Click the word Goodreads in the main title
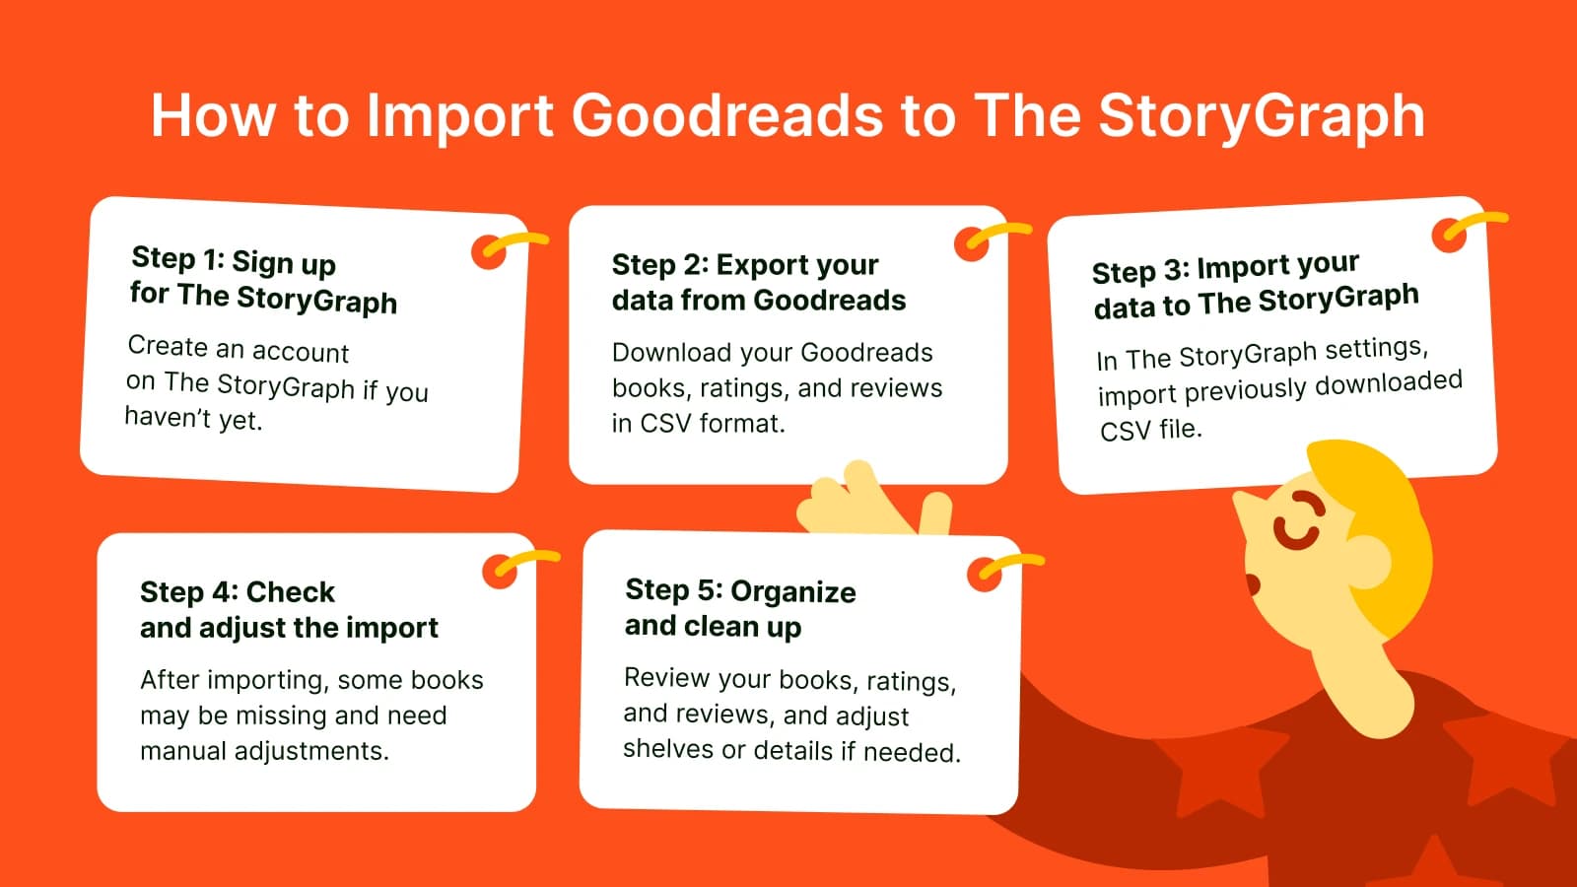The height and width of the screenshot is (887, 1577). pyautogui.click(x=727, y=115)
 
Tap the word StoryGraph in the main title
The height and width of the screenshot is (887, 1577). pyautogui.click(x=1262, y=117)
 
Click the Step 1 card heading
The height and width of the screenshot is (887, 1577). pyautogui.click(x=263, y=280)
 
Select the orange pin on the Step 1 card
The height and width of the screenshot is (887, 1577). pyautogui.click(x=490, y=252)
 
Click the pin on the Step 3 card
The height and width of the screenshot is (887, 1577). pyautogui.click(x=1450, y=235)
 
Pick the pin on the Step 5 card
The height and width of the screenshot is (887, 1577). pyautogui.click(x=985, y=575)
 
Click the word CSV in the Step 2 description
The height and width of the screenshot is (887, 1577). pyautogui.click(x=664, y=424)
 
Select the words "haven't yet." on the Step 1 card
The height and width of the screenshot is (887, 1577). pyautogui.click(x=193, y=420)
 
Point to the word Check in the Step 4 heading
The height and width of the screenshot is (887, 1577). pyautogui.click(x=291, y=592)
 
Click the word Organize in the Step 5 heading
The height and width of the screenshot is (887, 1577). pyautogui.click(x=793, y=591)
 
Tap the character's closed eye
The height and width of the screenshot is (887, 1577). pyautogui.click(x=1297, y=518)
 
